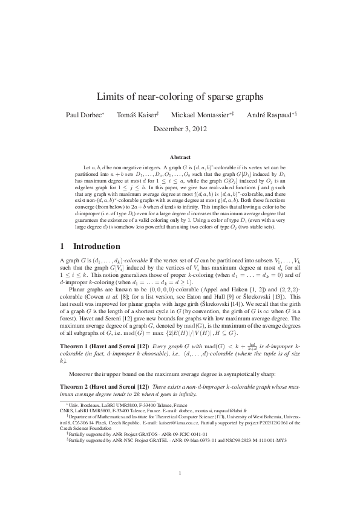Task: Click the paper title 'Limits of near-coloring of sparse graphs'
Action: coord(180,96)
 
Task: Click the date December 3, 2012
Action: coord(180,128)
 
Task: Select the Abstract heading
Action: coord(180,157)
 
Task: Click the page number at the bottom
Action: coord(180,473)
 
